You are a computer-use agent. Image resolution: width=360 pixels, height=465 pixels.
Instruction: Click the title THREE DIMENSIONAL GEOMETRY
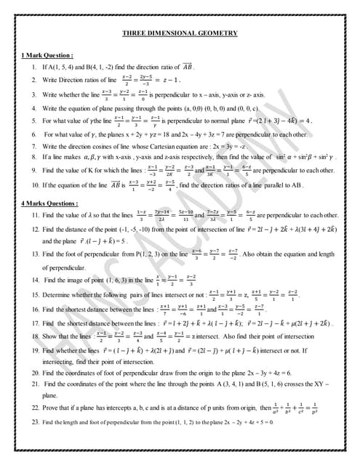pos(180,33)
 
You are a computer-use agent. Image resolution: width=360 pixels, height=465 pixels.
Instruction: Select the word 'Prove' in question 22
pos(51,409)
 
